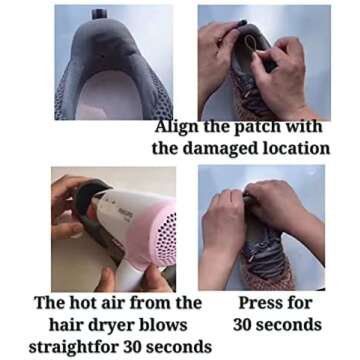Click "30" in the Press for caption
[243, 325]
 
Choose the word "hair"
[65, 325]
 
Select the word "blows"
[163, 325]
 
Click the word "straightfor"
[74, 348]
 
